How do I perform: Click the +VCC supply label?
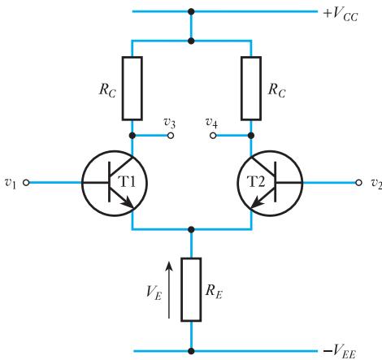coord(341,15)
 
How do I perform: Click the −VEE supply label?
coord(340,351)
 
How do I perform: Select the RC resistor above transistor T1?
coord(132,89)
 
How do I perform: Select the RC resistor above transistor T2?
coord(251,89)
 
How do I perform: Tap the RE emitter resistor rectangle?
coord(191,289)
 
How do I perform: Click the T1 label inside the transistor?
coord(128,181)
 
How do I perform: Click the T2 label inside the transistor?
coord(256,181)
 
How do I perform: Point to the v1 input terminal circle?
coord(26,183)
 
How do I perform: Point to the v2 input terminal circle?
coord(358,183)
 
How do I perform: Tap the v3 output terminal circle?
coord(171,136)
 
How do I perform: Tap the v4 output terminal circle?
coord(213,136)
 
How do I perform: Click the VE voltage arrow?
coord(169,290)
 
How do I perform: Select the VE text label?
coord(154,293)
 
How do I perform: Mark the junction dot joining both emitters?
coord(191,230)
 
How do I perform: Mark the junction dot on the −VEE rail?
coord(191,351)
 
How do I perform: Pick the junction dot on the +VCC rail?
coord(191,11)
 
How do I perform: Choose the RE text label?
coord(214,292)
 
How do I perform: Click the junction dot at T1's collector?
coord(132,136)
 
